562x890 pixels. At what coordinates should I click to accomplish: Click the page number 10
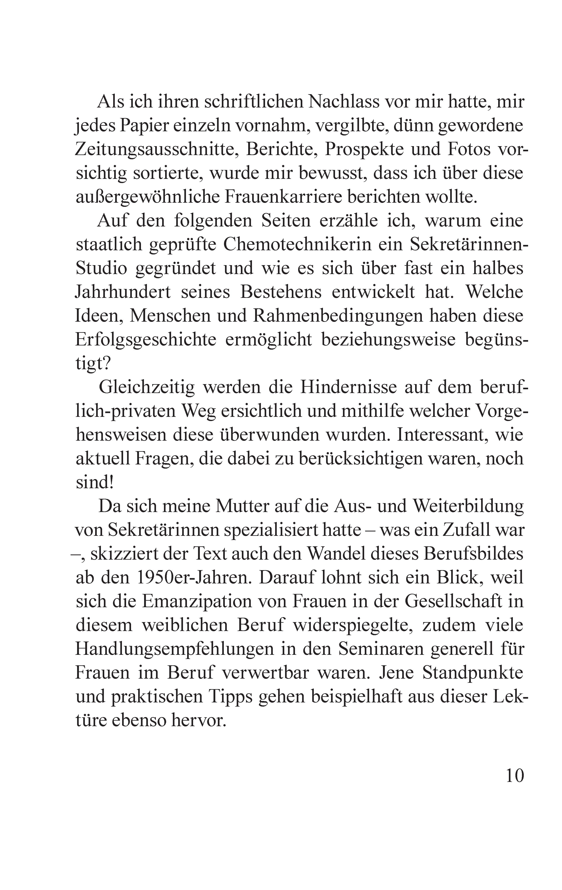pos(514,775)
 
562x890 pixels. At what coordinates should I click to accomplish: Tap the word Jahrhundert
pos(123,292)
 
